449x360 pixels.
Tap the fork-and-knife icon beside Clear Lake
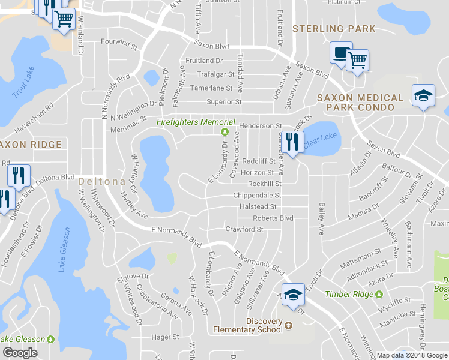pyautogui.click(x=291, y=143)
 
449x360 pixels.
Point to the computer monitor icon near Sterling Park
pyautogui.click(x=340, y=53)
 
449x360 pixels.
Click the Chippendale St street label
pyautogui.click(x=257, y=196)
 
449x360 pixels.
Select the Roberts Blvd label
pyautogui.click(x=273, y=218)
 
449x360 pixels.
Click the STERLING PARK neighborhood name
pyautogui.click(x=334, y=29)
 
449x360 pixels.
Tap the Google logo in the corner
pyautogui.click(x=20, y=353)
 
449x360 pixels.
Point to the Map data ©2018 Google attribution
pyautogui.click(x=412, y=355)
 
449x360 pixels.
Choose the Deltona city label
pyautogui.click(x=101, y=181)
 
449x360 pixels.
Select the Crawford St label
pyautogui.click(x=244, y=229)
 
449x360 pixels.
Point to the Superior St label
pyautogui.click(x=223, y=102)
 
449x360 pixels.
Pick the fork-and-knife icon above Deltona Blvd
pyautogui.click(x=18, y=175)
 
